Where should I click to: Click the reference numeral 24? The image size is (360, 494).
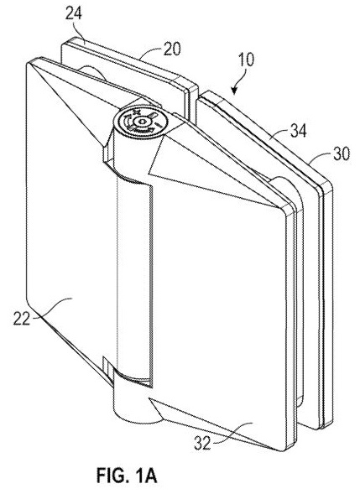pyautogui.click(x=74, y=14)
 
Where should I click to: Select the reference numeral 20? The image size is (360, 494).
pyautogui.click(x=172, y=49)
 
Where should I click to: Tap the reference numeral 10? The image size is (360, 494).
pyautogui.click(x=246, y=60)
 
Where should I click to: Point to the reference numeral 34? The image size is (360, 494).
pyautogui.click(x=298, y=130)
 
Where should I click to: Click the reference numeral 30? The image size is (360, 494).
pyautogui.click(x=341, y=154)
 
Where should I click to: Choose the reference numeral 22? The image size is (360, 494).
pyautogui.click(x=22, y=319)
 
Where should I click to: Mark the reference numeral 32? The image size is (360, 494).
pyautogui.click(x=202, y=444)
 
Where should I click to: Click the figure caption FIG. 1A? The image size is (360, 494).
pyautogui.click(x=127, y=476)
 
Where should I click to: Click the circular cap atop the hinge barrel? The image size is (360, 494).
pyautogui.click(x=141, y=122)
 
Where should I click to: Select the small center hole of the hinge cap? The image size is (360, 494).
pyautogui.click(x=141, y=122)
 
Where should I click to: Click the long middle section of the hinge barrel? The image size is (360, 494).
pyautogui.click(x=134, y=278)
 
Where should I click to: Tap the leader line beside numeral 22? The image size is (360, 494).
pyautogui.click(x=52, y=308)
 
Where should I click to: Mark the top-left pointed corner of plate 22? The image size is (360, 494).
pyautogui.click(x=28, y=64)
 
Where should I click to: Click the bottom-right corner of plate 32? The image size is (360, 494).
pyautogui.click(x=284, y=450)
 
